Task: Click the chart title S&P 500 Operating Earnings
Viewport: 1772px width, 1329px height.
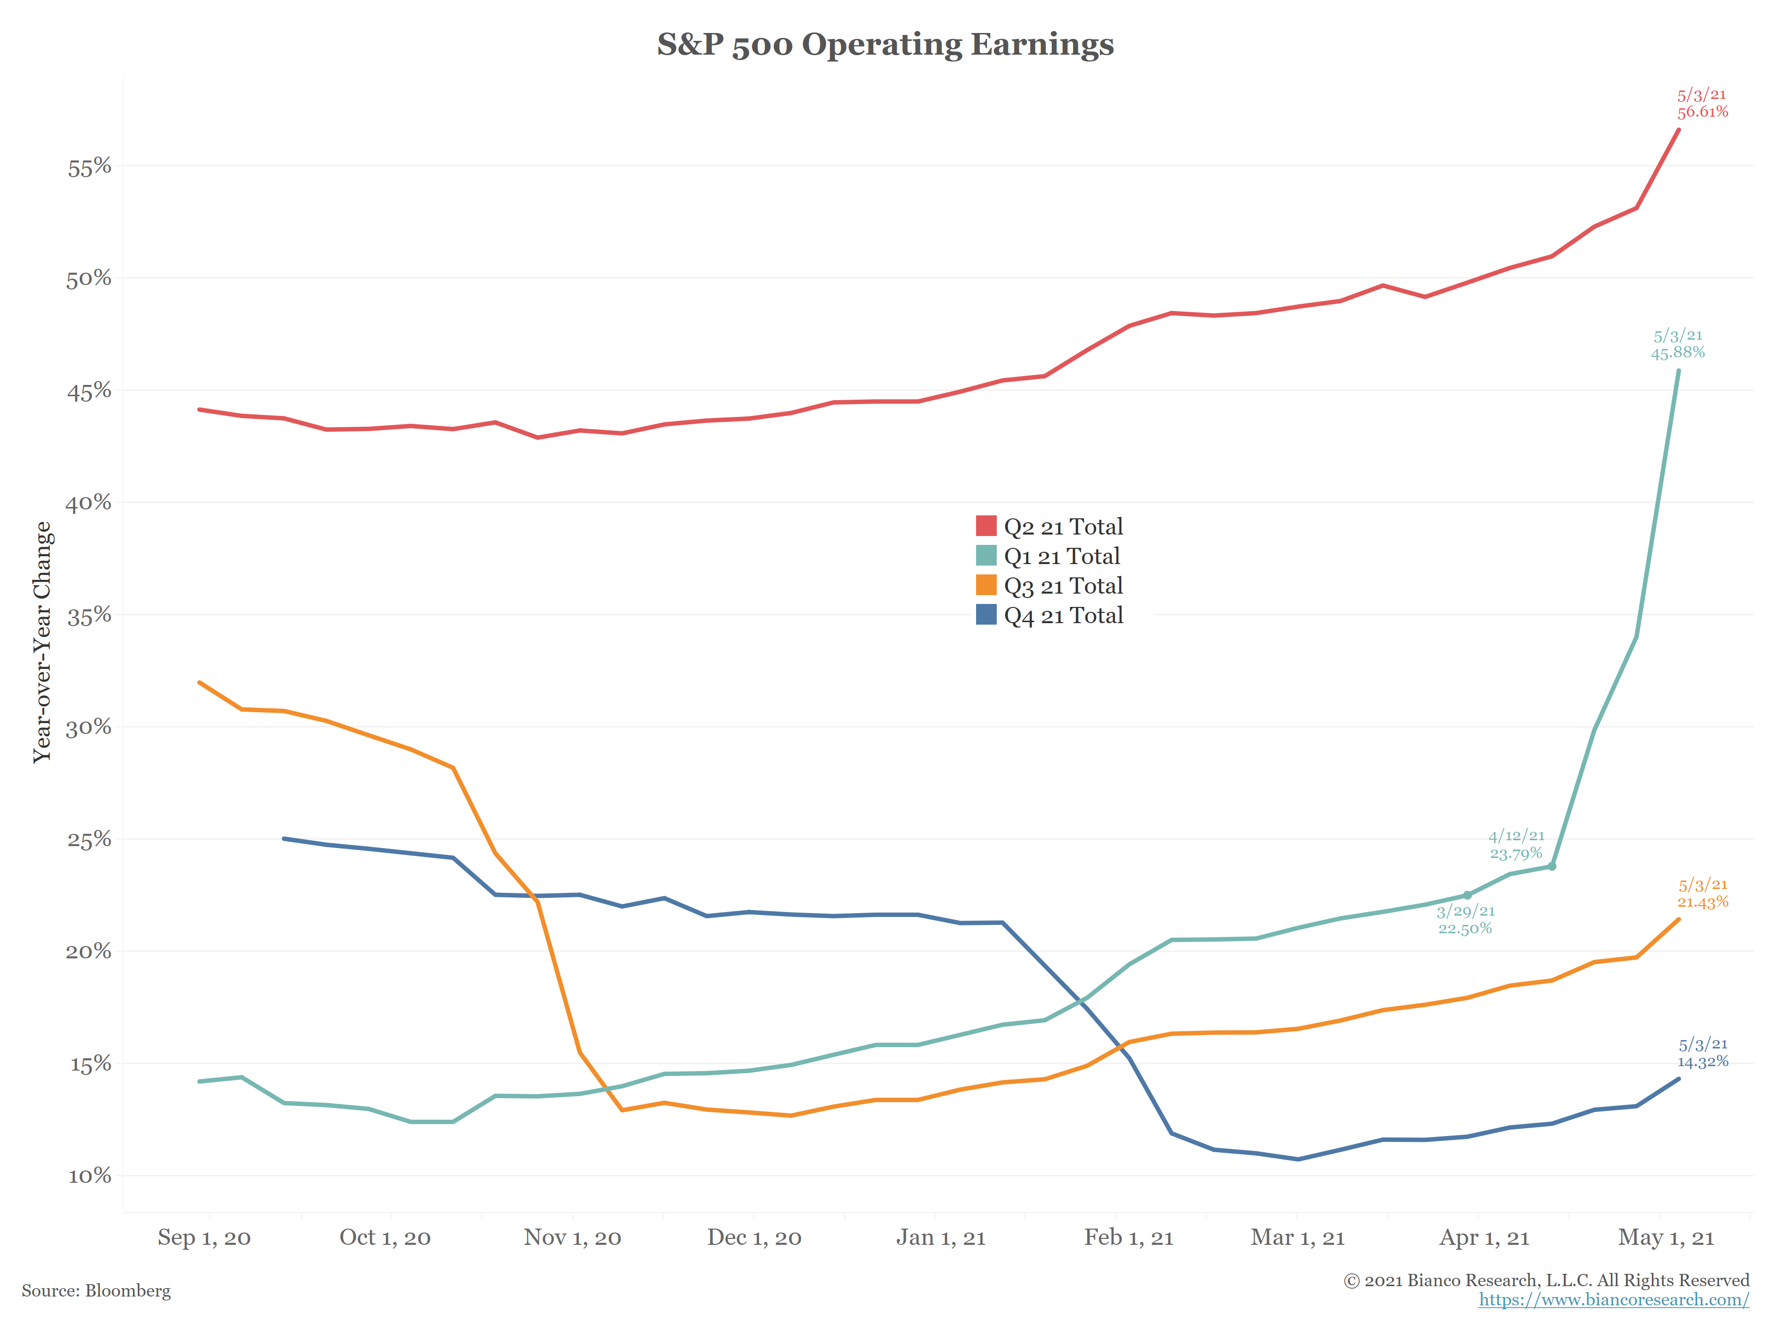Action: (x=885, y=44)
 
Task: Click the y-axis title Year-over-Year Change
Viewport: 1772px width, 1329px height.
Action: (x=42, y=642)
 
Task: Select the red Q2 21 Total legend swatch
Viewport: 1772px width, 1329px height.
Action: (x=986, y=526)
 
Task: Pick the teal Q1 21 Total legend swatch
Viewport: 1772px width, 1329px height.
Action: (x=986, y=555)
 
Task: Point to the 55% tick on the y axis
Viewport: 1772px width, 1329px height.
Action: (x=89, y=167)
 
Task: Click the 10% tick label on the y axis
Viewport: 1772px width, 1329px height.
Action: (x=89, y=1176)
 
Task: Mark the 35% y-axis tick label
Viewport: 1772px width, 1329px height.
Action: (x=89, y=615)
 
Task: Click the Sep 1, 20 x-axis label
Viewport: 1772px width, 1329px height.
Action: (x=204, y=1237)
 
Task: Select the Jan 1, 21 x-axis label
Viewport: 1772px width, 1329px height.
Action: (x=941, y=1237)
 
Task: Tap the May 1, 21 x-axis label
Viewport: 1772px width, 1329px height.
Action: (x=1666, y=1237)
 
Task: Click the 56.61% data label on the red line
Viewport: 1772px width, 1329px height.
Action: (x=1702, y=111)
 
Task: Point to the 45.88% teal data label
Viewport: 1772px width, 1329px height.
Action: (x=1677, y=352)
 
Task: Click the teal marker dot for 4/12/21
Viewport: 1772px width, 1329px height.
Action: (x=1551, y=866)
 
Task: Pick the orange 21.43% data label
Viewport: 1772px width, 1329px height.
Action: (x=1702, y=902)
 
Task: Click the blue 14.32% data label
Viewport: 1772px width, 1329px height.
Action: (x=1702, y=1061)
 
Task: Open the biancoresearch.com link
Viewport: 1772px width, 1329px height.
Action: (x=1614, y=1299)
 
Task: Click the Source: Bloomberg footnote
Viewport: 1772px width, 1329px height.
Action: (x=96, y=1291)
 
